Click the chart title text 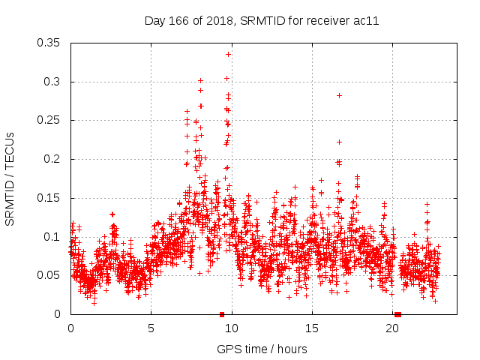click(261, 21)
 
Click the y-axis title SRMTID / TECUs click(10, 178)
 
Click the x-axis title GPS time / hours click(261, 349)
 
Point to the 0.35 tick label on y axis click(49, 43)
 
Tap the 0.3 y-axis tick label click(52, 82)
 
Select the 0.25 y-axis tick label click(49, 120)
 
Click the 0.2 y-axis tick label click(52, 159)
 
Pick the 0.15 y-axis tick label click(49, 198)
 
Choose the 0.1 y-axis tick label click(52, 236)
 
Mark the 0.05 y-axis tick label click(49, 275)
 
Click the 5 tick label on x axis click(151, 328)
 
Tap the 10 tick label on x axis click(232, 328)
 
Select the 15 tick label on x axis click(312, 328)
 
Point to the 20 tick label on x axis click(392, 328)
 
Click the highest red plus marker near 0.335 click(228, 54)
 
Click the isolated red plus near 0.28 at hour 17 click(339, 95)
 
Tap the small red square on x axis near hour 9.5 click(222, 314)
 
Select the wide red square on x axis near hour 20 click(397, 314)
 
